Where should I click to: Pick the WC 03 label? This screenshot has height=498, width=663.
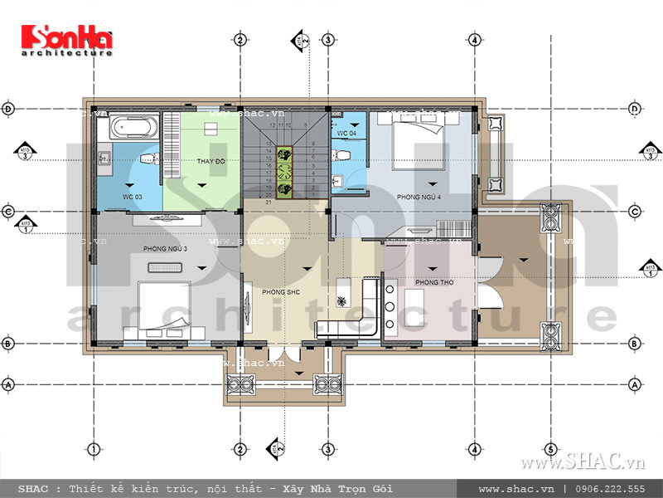[133, 196]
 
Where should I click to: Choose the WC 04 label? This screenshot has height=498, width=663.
[346, 133]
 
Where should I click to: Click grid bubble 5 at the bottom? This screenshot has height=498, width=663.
[550, 449]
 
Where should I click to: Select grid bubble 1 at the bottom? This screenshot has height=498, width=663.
[94, 449]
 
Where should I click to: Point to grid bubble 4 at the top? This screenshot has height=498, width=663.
[474, 39]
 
